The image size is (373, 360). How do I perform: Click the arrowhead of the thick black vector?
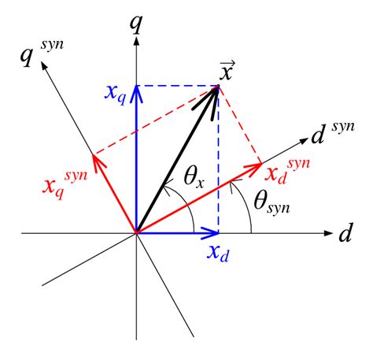tap(214, 91)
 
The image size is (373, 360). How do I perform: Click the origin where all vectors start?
tap(137, 233)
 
